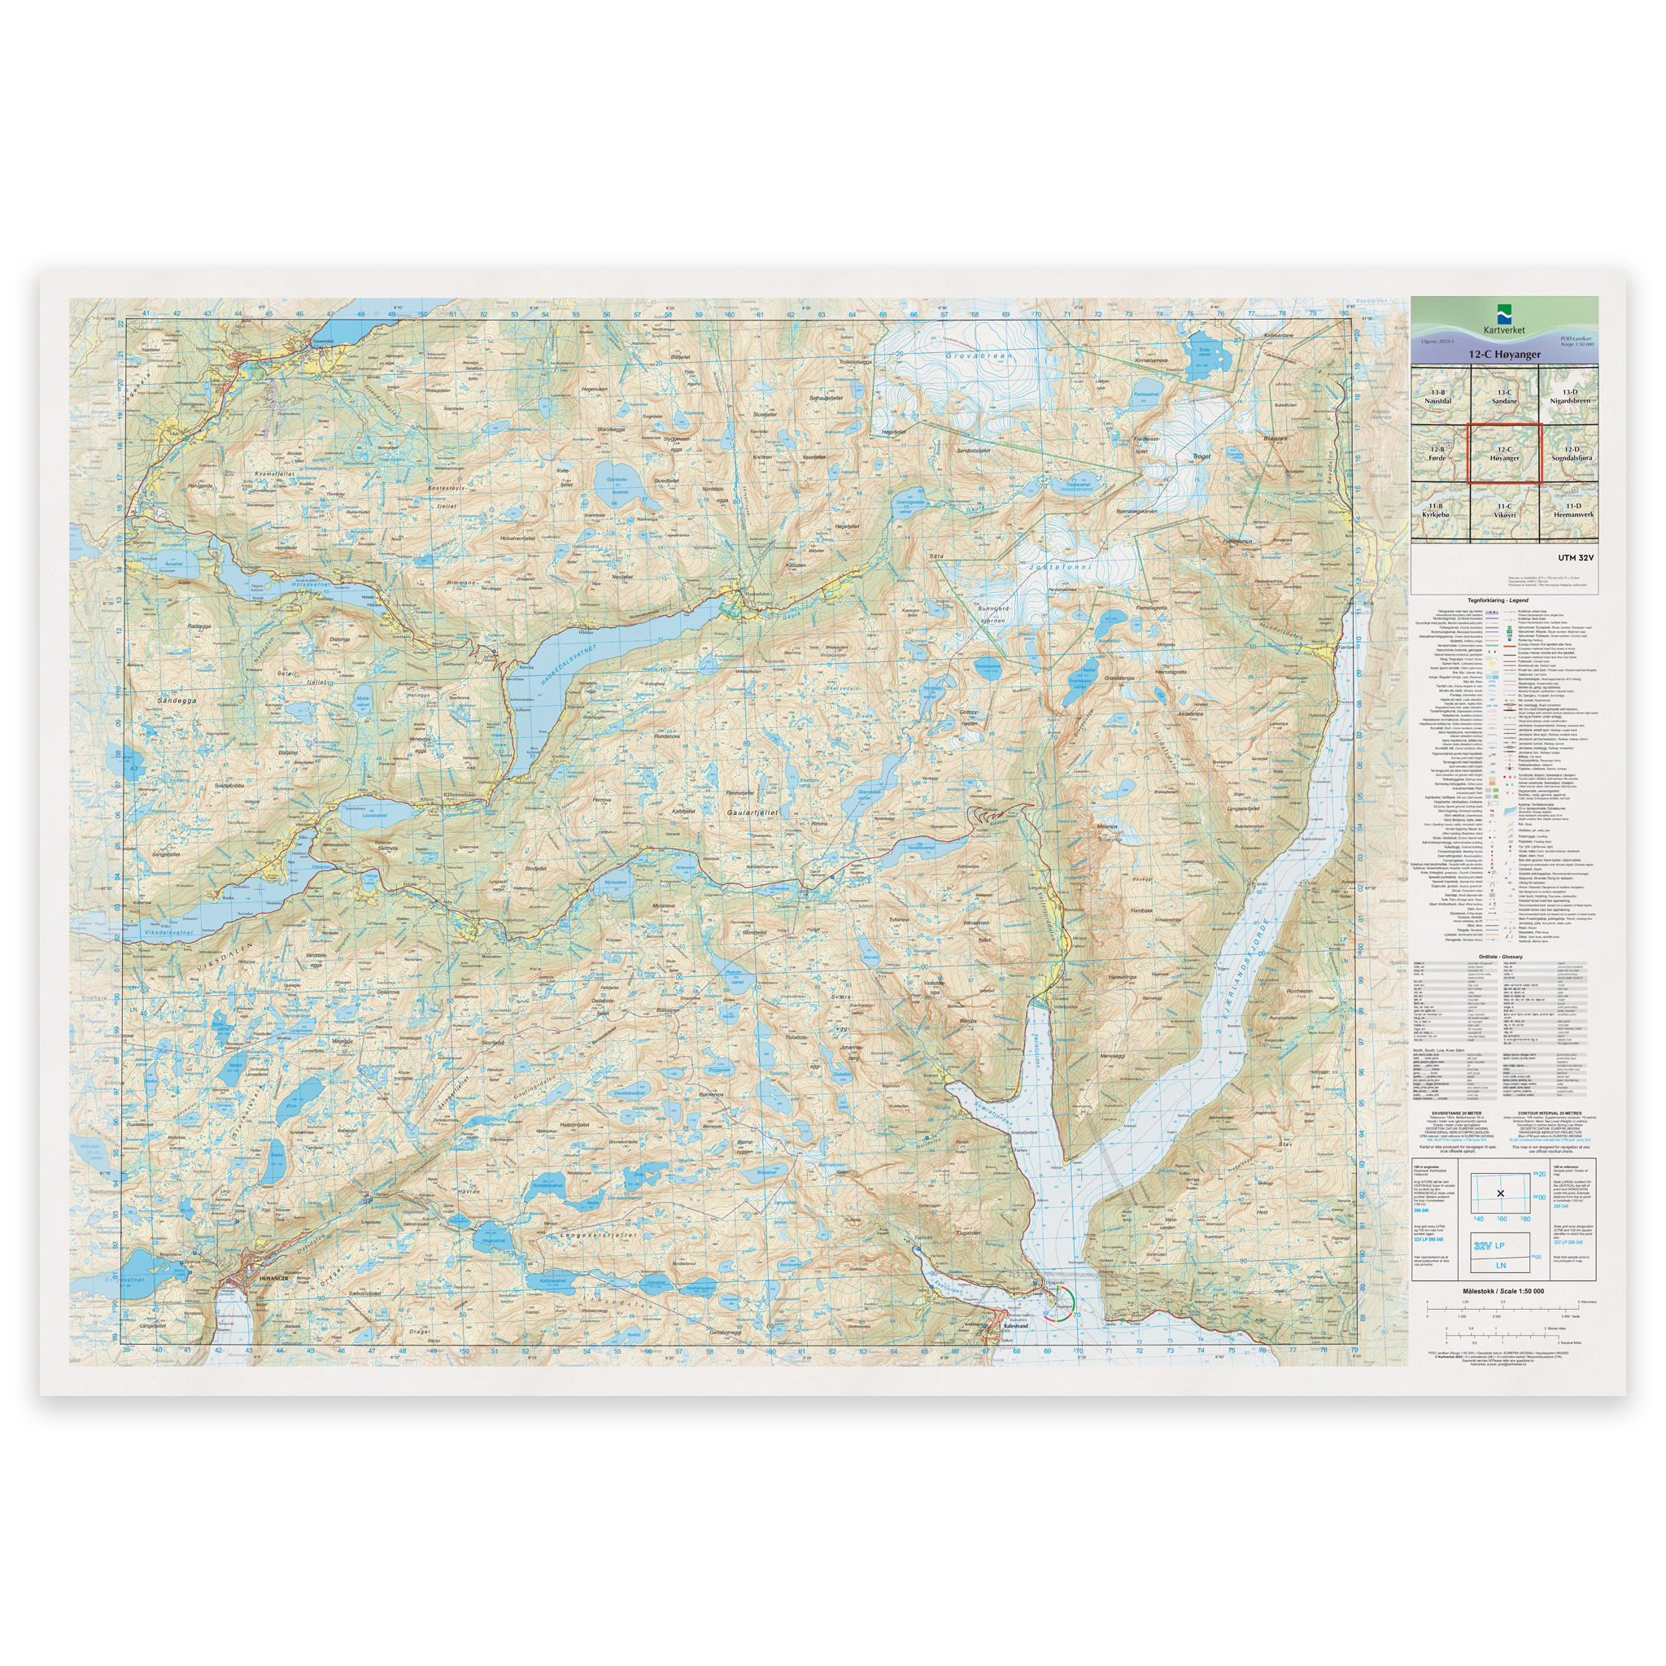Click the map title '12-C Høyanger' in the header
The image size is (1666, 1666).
tap(1504, 354)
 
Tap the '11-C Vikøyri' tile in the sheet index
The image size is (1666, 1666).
tap(1504, 511)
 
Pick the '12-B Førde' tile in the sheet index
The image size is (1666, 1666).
tap(1437, 454)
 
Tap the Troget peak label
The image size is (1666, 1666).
tap(1202, 456)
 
